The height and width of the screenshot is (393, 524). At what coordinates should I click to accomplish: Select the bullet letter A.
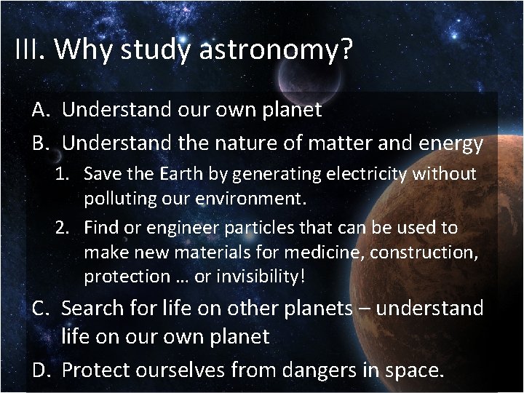tap(41, 110)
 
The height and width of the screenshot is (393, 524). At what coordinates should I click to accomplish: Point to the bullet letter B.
tap(41, 143)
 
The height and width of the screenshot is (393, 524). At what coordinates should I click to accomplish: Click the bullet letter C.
tap(41, 308)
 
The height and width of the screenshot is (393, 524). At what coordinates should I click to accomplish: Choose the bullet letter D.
tap(41, 370)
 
